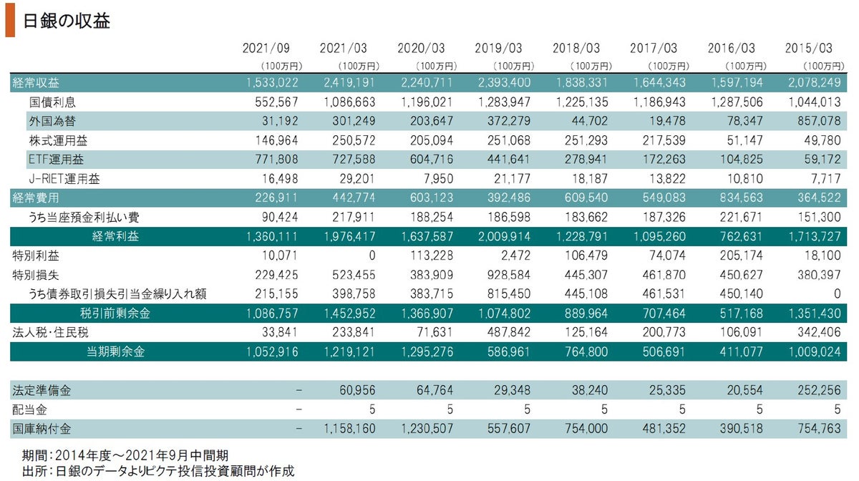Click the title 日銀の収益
[67, 20]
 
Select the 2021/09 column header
[266, 49]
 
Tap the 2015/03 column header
[808, 49]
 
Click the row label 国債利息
[52, 102]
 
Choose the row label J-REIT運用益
[64, 178]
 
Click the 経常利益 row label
[115, 236]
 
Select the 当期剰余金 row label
[115, 351]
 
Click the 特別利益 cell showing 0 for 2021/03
[364, 256]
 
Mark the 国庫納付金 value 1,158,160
[346, 429]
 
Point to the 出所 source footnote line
[158, 470]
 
